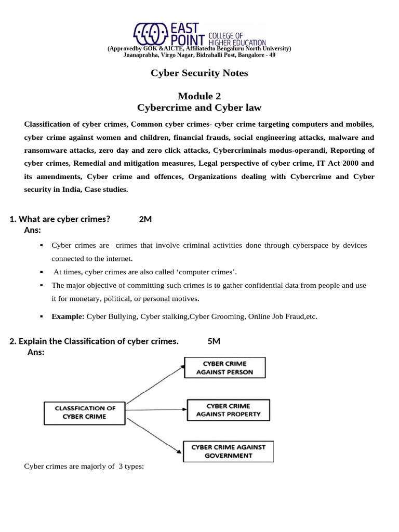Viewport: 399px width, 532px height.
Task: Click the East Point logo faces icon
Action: (150, 34)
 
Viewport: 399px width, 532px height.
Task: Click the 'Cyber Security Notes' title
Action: (199, 73)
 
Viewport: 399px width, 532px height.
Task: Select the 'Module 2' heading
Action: (199, 96)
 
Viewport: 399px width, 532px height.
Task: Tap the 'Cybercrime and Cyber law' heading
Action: (199, 108)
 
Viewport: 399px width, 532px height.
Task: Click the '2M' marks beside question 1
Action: (145, 219)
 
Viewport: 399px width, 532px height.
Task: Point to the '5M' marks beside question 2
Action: (214, 341)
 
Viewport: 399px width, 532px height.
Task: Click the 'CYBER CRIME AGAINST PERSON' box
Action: (225, 367)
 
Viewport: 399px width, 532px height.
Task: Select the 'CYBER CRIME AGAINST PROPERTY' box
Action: (228, 410)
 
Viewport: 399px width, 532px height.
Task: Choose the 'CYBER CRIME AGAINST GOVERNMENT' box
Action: (229, 451)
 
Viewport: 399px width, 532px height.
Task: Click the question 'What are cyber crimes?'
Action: (64, 219)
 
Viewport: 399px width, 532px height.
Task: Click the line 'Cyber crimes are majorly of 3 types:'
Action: (84, 466)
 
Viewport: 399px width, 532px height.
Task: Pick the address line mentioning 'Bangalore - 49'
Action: (199, 55)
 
